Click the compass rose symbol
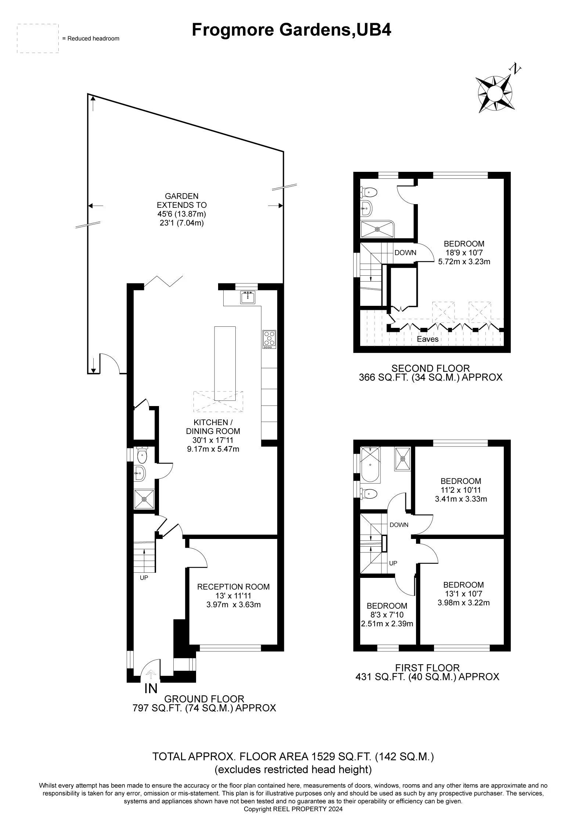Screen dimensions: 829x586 point(495,93)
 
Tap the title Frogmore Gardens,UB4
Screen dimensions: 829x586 point(291,30)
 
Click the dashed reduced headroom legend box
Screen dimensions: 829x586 point(38,39)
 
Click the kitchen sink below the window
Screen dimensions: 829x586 point(248,297)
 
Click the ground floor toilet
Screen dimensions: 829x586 point(142,455)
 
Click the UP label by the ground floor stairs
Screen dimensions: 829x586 point(144,578)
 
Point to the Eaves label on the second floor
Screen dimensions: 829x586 point(427,339)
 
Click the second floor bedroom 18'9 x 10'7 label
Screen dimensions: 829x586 point(464,252)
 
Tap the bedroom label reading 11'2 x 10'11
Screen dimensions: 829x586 point(461,489)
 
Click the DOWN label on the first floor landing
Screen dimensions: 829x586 point(399,525)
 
